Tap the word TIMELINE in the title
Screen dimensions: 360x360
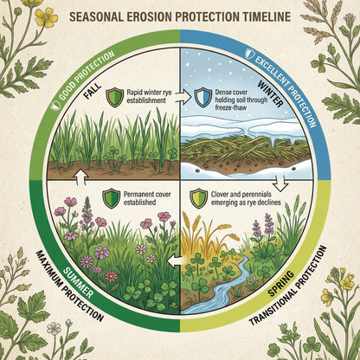(265, 17)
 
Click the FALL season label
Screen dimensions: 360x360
(93, 91)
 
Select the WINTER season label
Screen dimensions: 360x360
(271, 94)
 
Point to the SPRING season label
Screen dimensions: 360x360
(281, 283)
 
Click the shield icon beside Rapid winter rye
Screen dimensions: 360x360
(114, 98)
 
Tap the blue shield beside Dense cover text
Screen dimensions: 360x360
(203, 98)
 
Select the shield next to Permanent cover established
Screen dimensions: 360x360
(112, 198)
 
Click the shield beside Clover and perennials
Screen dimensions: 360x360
(199, 198)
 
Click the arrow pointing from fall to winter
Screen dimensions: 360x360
(184, 98)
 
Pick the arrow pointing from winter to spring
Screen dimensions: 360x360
(280, 184)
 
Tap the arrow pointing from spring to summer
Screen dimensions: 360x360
(176, 261)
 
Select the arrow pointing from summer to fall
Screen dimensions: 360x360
(81, 177)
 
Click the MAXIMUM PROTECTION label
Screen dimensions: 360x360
(69, 286)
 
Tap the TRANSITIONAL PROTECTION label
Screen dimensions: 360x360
(288, 286)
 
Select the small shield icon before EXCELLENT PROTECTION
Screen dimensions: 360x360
(248, 54)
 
